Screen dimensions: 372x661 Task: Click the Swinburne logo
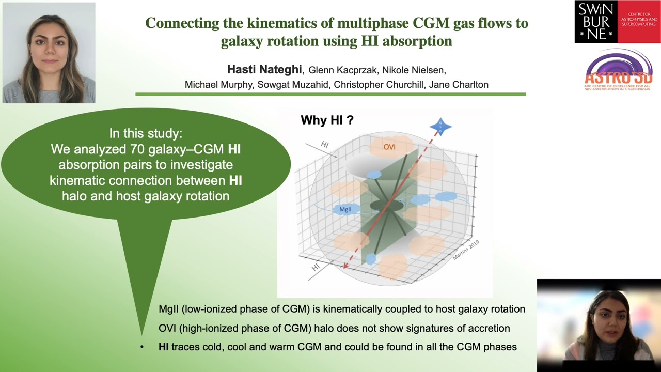point(617,22)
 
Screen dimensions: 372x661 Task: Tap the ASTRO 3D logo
point(618,71)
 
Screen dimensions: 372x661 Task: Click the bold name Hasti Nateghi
point(265,70)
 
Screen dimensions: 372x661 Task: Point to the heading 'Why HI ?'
point(327,120)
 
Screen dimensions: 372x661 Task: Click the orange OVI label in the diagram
point(389,147)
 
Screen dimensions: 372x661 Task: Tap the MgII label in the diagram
point(345,209)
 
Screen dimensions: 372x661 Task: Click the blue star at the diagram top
point(440,126)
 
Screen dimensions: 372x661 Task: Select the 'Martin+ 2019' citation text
point(466,250)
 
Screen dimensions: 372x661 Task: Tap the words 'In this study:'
point(146,133)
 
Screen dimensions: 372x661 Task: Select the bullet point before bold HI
point(142,347)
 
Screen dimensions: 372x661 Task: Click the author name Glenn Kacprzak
point(342,70)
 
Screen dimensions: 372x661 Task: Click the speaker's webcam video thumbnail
point(599,325)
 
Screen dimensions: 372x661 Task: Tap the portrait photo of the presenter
point(49,53)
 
